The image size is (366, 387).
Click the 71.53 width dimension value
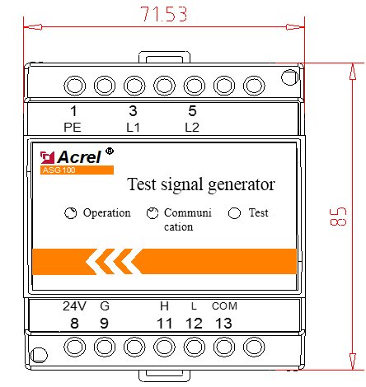[x=164, y=14]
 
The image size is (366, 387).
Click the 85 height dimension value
[x=338, y=217]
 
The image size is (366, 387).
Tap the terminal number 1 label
[x=73, y=111]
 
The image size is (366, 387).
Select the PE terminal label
[x=73, y=128]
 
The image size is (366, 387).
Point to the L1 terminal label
[x=133, y=128]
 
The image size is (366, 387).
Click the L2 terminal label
[x=192, y=128]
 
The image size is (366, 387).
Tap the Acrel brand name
[x=79, y=157]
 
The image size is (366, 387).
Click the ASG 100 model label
[x=59, y=170]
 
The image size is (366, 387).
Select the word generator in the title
[x=242, y=185]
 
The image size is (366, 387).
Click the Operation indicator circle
[x=70, y=213]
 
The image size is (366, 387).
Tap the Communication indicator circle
[x=152, y=213]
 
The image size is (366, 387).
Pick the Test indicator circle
[x=234, y=213]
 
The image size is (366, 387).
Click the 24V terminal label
[x=74, y=306]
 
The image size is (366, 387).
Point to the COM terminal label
[x=224, y=306]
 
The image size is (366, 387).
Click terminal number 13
[x=223, y=324]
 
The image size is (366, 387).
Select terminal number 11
[x=165, y=324]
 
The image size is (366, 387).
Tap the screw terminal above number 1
[x=74, y=86]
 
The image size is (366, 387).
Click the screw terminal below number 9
[x=105, y=347]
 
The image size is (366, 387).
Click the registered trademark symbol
[x=110, y=151]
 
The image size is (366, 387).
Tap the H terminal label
[x=164, y=306]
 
